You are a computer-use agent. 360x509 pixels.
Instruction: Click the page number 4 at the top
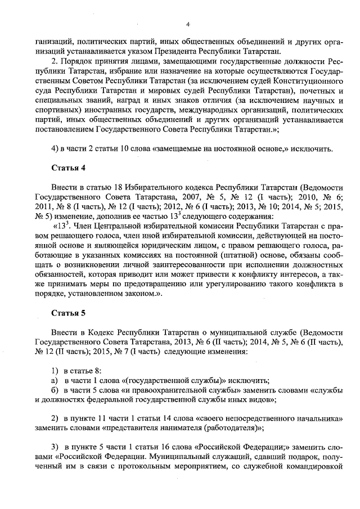coord(188,23)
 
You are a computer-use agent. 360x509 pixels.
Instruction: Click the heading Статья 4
coord(69,168)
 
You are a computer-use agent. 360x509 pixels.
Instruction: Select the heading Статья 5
coord(69,313)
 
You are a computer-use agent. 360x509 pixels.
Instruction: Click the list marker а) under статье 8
coord(54,381)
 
